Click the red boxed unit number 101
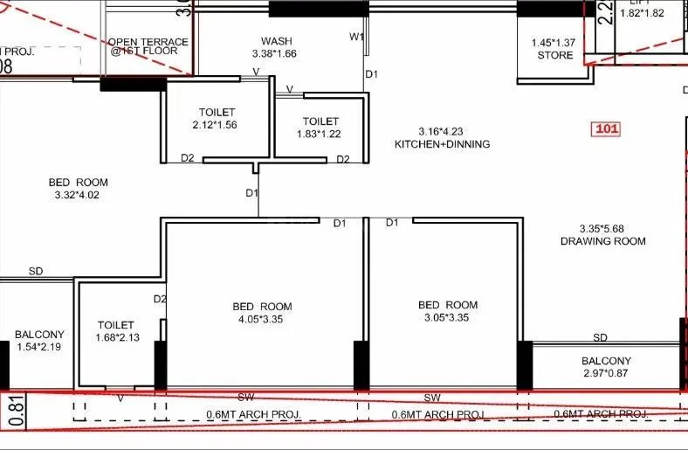606,129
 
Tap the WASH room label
276,41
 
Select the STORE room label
555,55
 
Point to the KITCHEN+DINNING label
442,144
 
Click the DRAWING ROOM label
603,241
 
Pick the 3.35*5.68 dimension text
603,228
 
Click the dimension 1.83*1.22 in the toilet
320,134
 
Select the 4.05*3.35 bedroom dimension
262,319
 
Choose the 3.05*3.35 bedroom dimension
448,317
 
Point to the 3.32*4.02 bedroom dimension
79,195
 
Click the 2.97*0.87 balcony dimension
606,374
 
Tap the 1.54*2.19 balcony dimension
39,348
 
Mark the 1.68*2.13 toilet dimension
116,338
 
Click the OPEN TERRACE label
148,42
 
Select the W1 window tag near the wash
356,37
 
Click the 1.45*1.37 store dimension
555,43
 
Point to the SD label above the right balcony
600,337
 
